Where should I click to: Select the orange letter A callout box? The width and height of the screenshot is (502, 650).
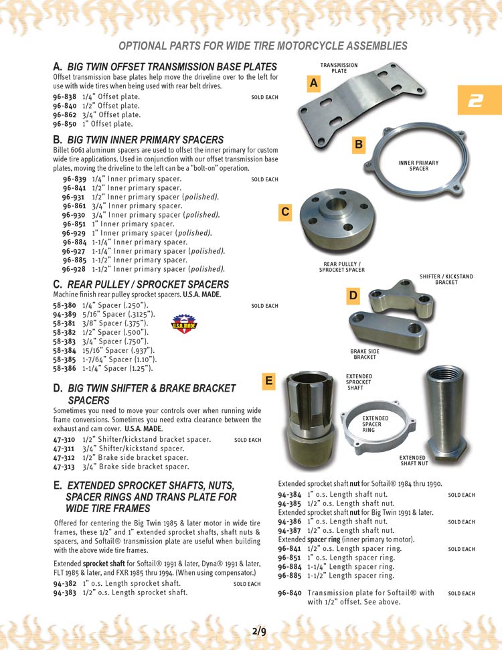point(313,84)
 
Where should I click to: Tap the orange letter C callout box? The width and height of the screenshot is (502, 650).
point(285,212)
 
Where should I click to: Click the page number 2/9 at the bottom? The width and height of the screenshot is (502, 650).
point(259,631)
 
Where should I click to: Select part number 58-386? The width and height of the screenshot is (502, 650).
point(65,368)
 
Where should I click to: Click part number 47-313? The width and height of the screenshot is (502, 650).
point(64,467)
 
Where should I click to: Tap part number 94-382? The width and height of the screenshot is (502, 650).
point(64,584)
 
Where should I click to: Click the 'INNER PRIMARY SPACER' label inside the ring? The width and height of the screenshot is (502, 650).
point(418,165)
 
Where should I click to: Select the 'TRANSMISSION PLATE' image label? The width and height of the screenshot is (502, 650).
point(339,68)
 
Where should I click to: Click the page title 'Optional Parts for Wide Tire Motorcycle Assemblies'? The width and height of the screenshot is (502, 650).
point(263,46)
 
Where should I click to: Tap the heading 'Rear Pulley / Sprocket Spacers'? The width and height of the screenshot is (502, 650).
point(148,285)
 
